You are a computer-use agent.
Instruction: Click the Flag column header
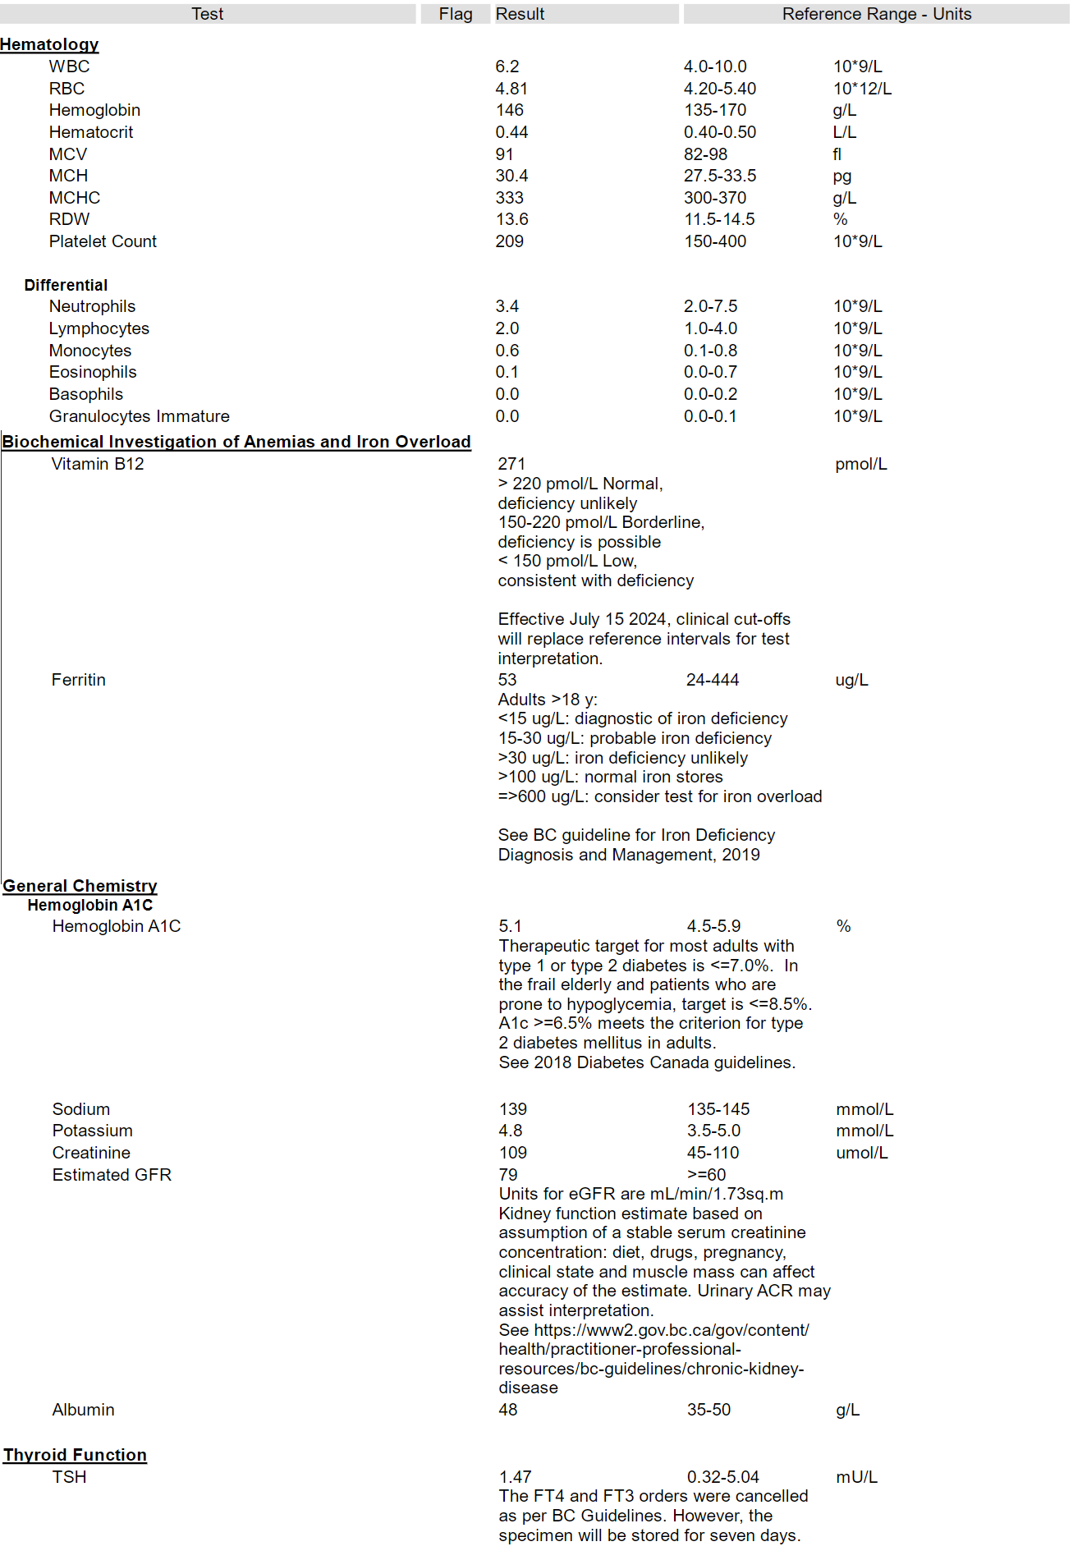456,14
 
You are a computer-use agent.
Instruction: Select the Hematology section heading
49,44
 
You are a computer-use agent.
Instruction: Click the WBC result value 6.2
507,67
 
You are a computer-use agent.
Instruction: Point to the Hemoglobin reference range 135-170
715,110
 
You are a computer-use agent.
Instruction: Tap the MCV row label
68,154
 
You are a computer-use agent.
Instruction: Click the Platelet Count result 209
509,241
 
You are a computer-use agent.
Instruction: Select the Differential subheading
66,285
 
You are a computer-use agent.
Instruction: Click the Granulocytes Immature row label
140,416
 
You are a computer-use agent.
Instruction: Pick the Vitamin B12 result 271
511,464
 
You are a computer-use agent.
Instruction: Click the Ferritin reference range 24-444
713,680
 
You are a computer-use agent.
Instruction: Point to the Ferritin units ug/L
851,680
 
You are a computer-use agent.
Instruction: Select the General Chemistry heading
80,886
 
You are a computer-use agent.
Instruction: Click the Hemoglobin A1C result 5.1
510,926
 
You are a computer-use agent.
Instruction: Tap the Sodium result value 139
513,1109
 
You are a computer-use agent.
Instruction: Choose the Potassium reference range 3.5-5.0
713,1131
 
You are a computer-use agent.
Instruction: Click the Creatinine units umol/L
862,1153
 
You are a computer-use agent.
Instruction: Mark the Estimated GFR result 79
508,1175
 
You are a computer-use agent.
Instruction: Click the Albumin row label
84,1410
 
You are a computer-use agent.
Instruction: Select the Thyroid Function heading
75,1455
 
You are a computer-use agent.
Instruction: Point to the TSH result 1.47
516,1477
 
